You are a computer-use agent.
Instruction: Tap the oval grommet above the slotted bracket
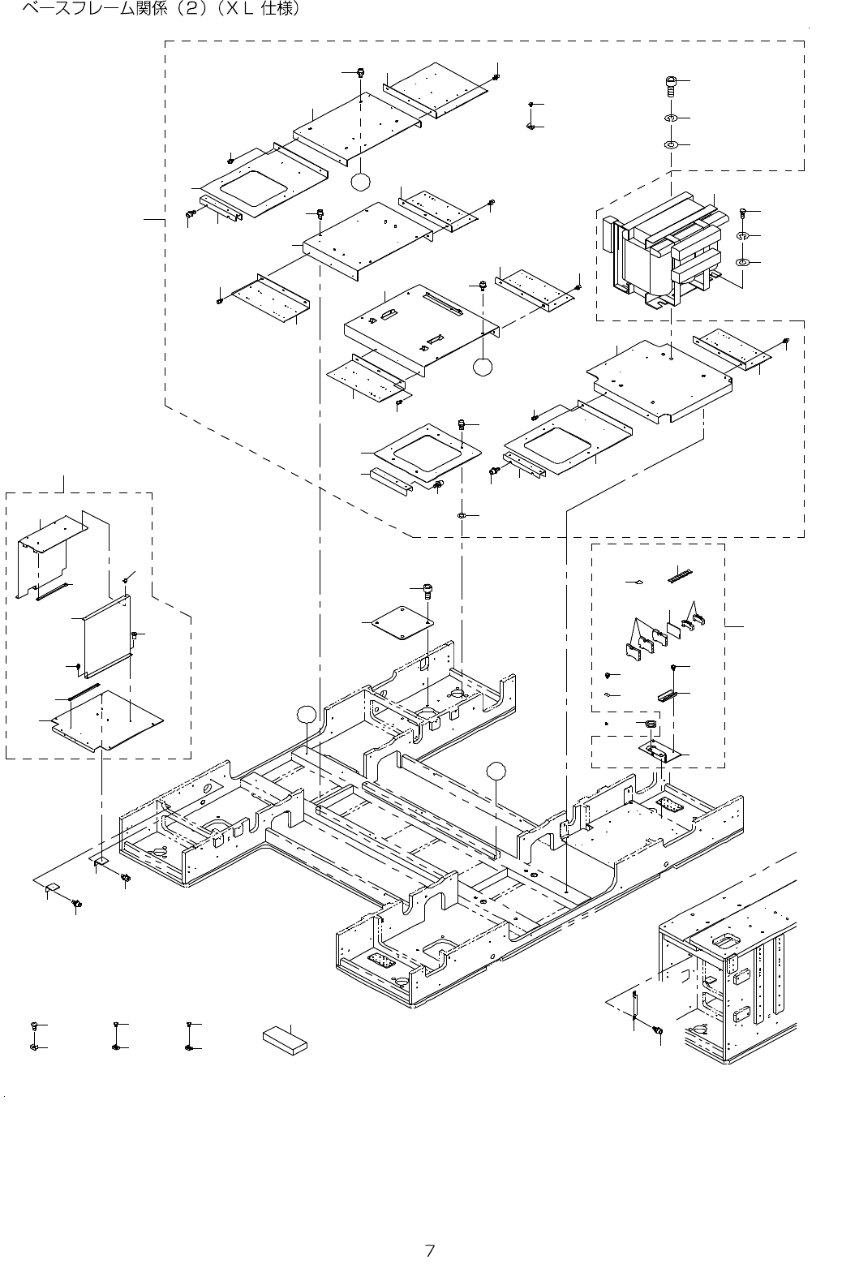650,723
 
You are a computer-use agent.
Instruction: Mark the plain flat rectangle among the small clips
673,630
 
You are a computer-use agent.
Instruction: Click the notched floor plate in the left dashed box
107,719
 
